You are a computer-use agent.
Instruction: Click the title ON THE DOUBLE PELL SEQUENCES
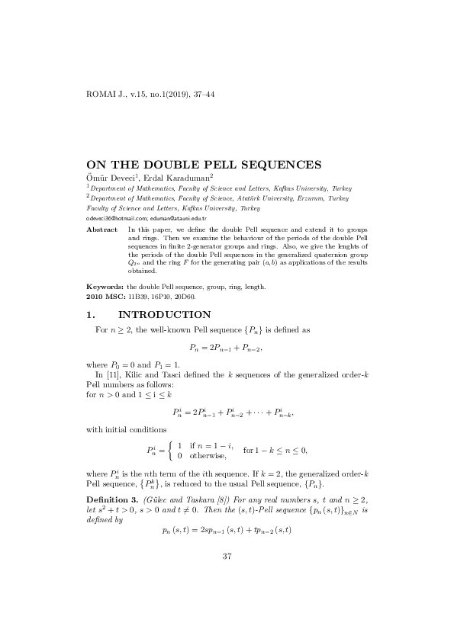pos(202,163)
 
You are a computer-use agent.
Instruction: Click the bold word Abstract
pos(101,230)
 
